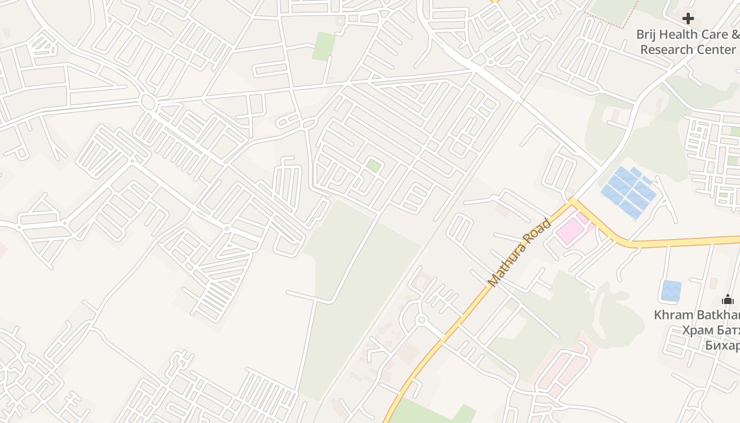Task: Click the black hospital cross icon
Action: click(x=688, y=19)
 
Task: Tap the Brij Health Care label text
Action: click(x=682, y=34)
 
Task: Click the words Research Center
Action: click(x=688, y=49)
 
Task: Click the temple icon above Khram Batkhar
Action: click(x=728, y=300)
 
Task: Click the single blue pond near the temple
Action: click(x=671, y=291)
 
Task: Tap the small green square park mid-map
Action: click(x=374, y=165)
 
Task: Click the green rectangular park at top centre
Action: click(x=323, y=47)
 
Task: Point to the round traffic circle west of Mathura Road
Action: click(x=421, y=320)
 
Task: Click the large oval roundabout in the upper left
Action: click(x=148, y=101)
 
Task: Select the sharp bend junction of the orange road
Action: click(x=571, y=200)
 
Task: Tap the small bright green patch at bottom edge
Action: click(x=464, y=414)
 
